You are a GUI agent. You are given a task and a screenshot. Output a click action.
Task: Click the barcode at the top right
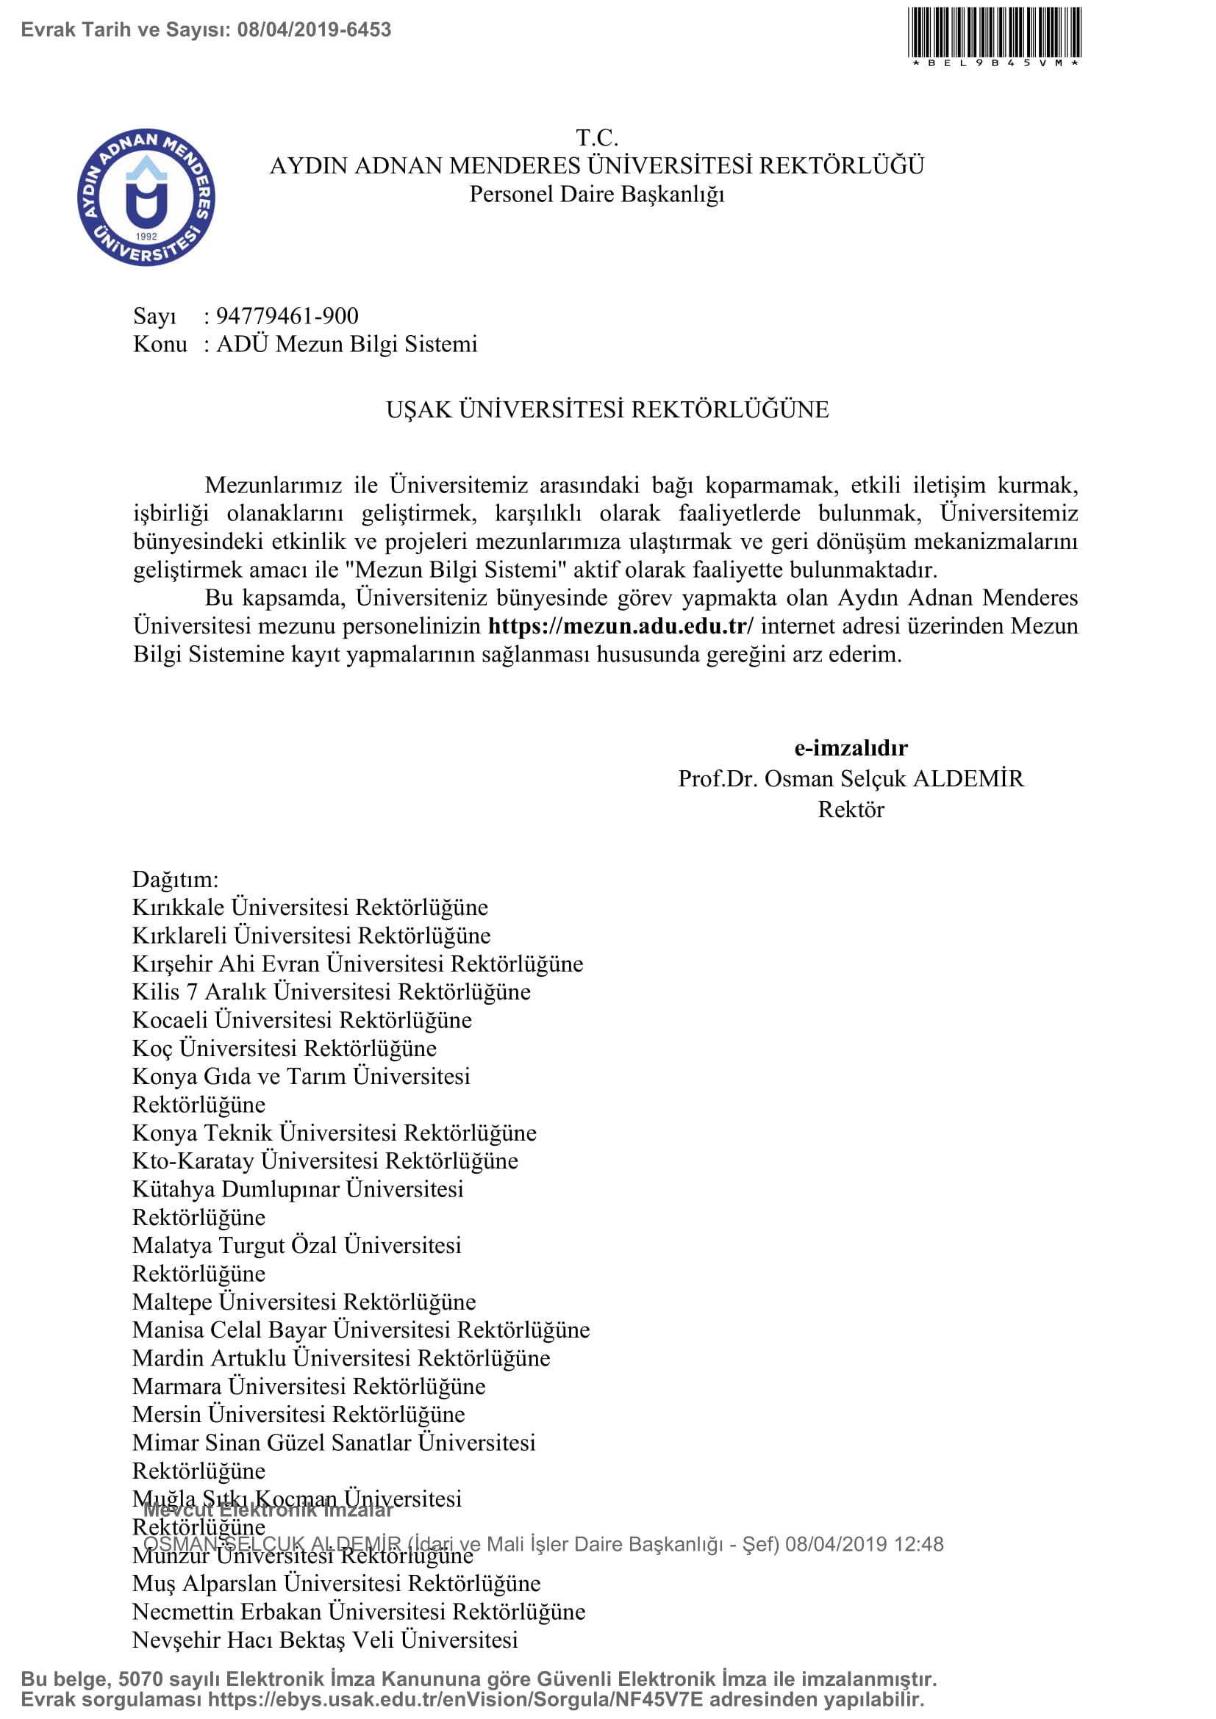point(995,34)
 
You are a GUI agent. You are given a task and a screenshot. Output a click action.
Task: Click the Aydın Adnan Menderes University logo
point(146,197)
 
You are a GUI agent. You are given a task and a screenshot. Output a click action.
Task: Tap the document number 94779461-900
point(287,316)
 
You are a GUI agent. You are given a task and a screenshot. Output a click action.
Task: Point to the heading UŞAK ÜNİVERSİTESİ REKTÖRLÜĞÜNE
point(607,409)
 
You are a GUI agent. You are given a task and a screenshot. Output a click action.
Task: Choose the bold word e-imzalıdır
point(851,747)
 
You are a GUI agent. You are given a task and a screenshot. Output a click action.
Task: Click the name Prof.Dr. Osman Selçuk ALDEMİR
point(851,778)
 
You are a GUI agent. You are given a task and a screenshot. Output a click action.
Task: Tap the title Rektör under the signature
point(851,809)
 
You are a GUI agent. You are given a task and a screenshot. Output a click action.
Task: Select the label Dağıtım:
point(175,879)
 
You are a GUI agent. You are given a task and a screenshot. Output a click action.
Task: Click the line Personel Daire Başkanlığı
point(597,194)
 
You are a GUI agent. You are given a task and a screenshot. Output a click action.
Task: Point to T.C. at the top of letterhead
point(597,137)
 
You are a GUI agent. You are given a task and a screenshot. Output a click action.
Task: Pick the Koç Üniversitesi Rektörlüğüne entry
point(284,1048)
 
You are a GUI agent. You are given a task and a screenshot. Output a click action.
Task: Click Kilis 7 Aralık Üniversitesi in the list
point(331,992)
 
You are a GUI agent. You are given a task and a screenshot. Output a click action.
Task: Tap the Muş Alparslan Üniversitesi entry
point(336,1584)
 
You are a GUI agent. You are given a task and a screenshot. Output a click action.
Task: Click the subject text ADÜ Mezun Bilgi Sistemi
point(347,344)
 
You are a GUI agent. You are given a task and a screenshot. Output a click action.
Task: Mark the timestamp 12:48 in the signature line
point(919,1544)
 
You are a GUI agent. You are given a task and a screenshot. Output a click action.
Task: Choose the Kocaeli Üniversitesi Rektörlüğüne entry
point(301,1020)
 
